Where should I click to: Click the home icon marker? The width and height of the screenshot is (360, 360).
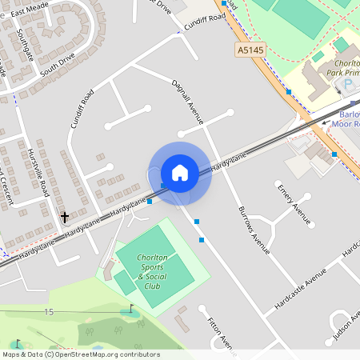[180, 173]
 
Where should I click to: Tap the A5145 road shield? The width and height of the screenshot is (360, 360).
[250, 50]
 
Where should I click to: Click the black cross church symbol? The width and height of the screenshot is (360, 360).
[64, 216]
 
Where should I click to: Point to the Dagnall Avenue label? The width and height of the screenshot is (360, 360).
[187, 101]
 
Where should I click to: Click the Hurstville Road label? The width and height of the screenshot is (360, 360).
[38, 168]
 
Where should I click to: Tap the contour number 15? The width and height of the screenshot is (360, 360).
[50, 311]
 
